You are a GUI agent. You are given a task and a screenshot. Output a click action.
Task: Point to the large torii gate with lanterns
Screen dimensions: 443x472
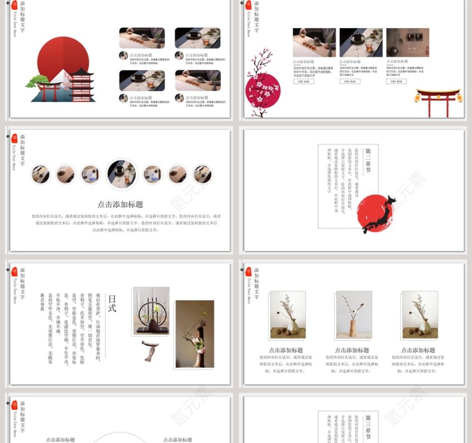(438, 101)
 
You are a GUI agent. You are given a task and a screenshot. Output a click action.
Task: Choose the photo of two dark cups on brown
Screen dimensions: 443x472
(405, 43)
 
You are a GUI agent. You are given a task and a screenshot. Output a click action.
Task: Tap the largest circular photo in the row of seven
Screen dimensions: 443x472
(121, 174)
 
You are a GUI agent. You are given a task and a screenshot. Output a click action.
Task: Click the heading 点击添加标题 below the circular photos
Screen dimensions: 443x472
(120, 205)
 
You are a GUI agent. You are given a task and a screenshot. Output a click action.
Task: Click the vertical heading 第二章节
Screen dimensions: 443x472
(369, 160)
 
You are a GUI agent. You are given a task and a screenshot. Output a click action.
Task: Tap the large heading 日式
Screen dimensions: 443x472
(112, 304)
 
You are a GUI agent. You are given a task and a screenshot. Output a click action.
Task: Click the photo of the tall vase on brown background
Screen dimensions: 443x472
(194, 333)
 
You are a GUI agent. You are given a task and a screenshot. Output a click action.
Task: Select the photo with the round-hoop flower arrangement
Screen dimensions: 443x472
(151, 310)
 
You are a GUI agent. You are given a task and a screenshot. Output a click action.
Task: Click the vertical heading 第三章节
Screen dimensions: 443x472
(369, 427)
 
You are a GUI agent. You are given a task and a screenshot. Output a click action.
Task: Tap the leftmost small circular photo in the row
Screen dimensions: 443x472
(40, 174)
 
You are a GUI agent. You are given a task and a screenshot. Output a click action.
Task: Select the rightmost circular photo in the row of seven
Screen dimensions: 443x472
(202, 174)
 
